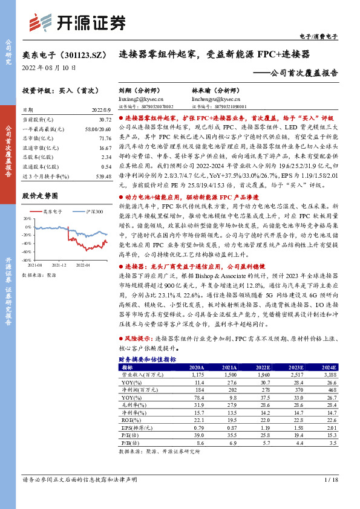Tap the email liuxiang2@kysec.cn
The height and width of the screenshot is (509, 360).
139,99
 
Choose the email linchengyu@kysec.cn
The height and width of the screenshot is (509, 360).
214,99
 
